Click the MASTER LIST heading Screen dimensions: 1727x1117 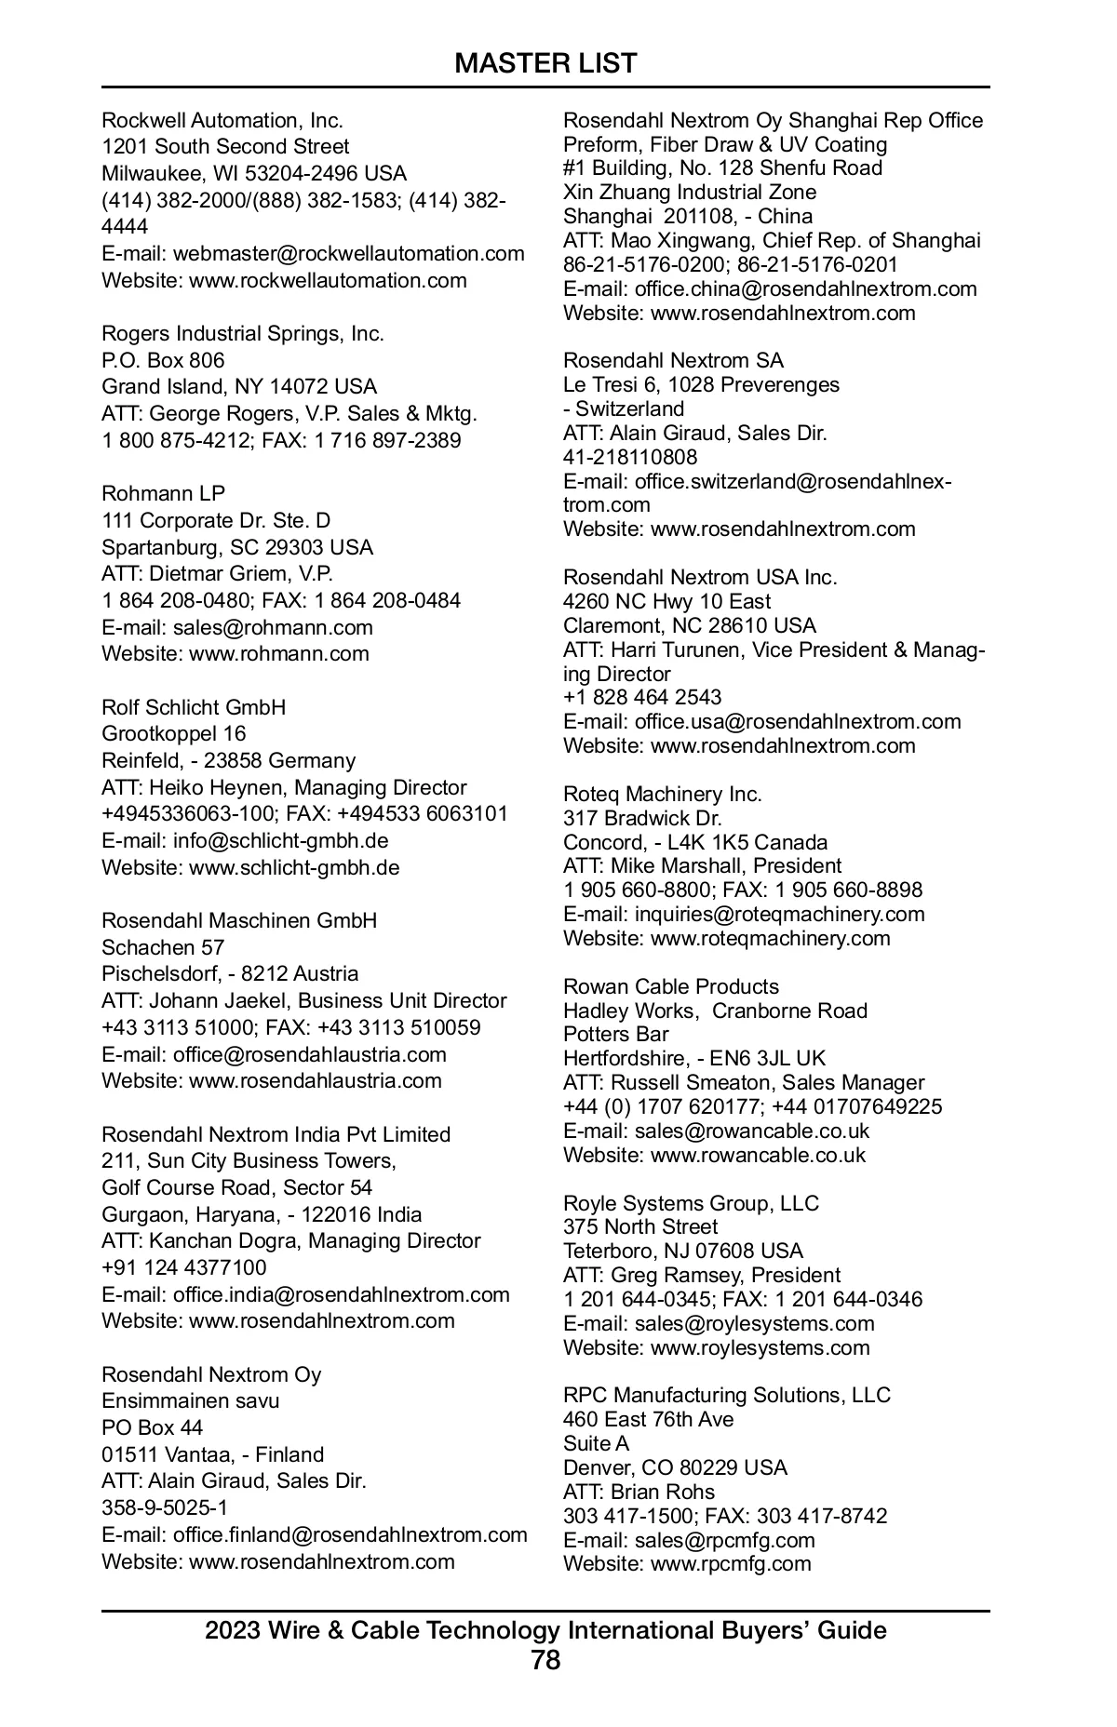tap(545, 63)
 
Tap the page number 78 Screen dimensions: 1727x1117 tap(545, 1661)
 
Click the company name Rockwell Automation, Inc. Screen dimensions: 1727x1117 tap(222, 120)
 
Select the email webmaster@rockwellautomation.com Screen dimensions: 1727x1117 tap(348, 254)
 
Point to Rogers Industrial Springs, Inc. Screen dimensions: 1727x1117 tap(242, 333)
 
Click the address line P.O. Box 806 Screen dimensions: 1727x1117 tap(163, 360)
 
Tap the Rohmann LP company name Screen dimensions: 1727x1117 tap(163, 493)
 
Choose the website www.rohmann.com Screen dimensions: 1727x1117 tap(278, 653)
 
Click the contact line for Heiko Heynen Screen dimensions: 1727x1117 tap(284, 787)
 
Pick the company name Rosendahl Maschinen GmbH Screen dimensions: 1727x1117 tap(239, 920)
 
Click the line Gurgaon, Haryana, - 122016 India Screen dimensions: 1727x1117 tap(262, 1214)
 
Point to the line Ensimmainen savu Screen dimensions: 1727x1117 tap(190, 1400)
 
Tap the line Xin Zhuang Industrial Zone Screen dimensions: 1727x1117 tap(690, 192)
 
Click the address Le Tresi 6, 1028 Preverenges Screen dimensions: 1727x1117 tap(701, 384)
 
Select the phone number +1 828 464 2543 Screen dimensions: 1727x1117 tap(642, 697)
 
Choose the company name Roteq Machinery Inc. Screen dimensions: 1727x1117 tap(662, 794)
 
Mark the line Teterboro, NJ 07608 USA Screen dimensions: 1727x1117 tap(682, 1251)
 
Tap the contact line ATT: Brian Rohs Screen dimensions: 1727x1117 tap(639, 1492)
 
